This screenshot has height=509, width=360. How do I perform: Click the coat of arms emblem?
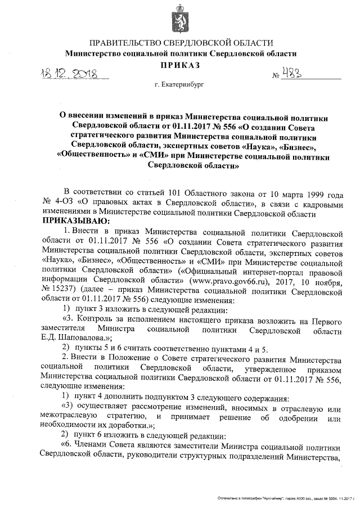click(x=180, y=19)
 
